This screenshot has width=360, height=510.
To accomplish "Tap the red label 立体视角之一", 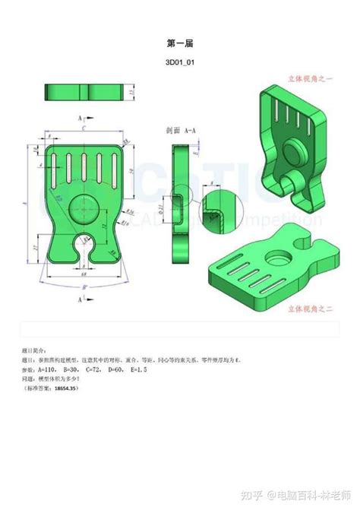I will (311, 78).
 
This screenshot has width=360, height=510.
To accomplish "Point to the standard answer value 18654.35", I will (66, 388).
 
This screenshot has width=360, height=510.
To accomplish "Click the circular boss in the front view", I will (83, 206).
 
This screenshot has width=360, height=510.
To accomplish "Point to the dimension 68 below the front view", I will (84, 265).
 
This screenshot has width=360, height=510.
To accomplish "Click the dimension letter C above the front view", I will (84, 130).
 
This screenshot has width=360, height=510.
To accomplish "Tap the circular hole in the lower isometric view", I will (274, 258).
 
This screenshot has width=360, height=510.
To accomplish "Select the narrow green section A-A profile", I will (179, 205).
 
